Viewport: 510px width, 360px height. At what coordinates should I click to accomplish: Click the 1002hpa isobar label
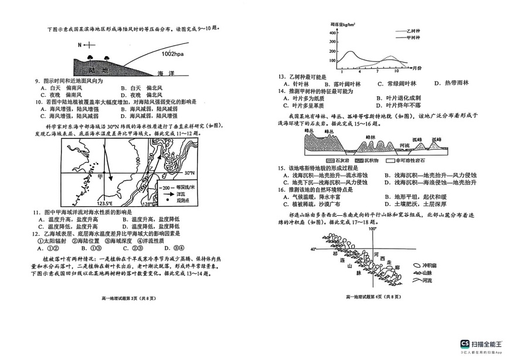pyautogui.click(x=175, y=54)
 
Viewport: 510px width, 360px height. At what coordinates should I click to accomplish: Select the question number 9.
pyautogui.click(x=36, y=81)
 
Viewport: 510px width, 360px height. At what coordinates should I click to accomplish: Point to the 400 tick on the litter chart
pyautogui.click(x=332, y=33)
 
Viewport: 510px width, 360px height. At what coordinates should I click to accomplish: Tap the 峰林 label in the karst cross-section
pyautogui.click(x=370, y=137)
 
